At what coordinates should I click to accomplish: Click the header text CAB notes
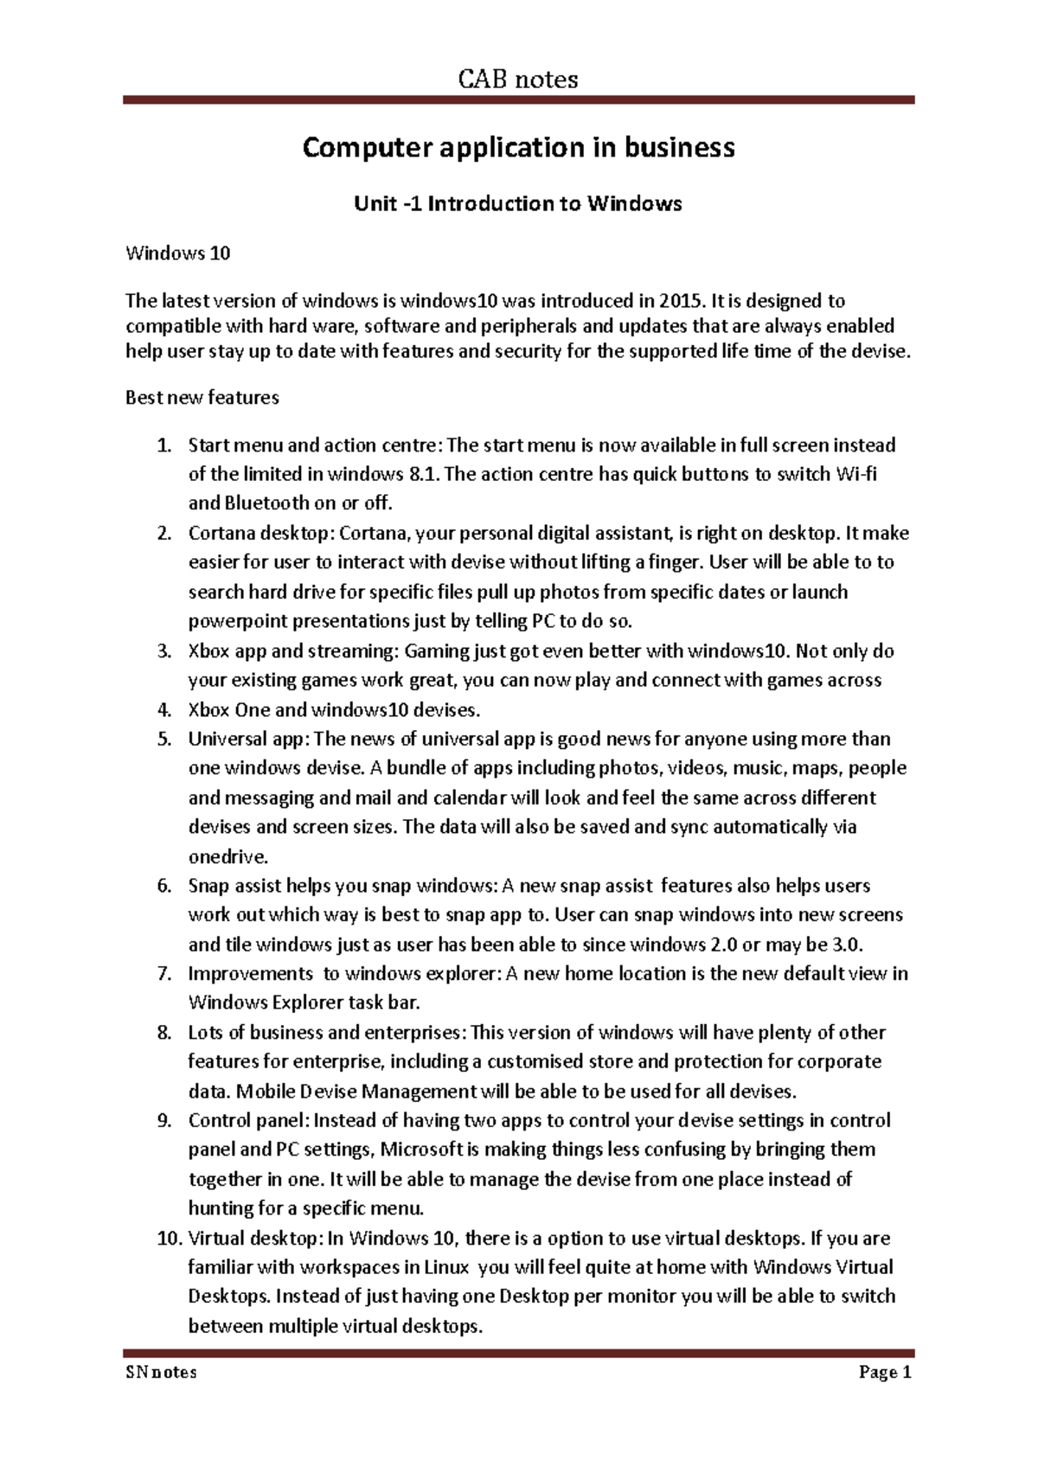518,80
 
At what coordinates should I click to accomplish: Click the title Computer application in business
518,148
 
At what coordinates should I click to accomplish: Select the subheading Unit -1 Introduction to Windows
518,204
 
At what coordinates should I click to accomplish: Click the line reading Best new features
202,398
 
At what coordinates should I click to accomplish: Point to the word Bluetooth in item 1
266,503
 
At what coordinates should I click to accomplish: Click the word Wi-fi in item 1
856,474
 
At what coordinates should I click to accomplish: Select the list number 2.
164,533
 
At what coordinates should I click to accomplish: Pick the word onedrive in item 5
227,857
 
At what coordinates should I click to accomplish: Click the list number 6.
164,886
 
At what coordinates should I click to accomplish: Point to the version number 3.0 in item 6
847,945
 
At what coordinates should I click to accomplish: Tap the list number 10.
168,1239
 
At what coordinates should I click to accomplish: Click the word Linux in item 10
446,1268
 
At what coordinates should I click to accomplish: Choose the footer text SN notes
162,1373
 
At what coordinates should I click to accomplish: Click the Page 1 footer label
885,1373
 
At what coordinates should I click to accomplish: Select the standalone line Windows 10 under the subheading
178,253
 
